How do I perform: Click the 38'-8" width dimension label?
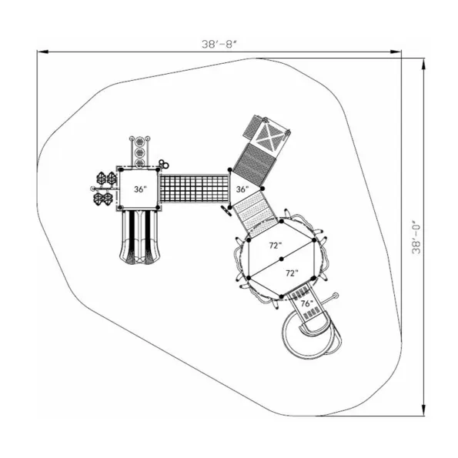[x=219, y=44]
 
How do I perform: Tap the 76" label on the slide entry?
[x=306, y=304]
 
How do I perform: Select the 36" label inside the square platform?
[x=140, y=189]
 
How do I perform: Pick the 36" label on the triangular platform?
[x=242, y=189]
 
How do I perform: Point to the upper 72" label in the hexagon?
[x=276, y=246]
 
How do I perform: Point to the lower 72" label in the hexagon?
[x=292, y=273]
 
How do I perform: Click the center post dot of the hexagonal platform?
[x=282, y=259]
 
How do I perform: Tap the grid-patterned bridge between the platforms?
[x=195, y=189]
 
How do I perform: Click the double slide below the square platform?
[x=140, y=237]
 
